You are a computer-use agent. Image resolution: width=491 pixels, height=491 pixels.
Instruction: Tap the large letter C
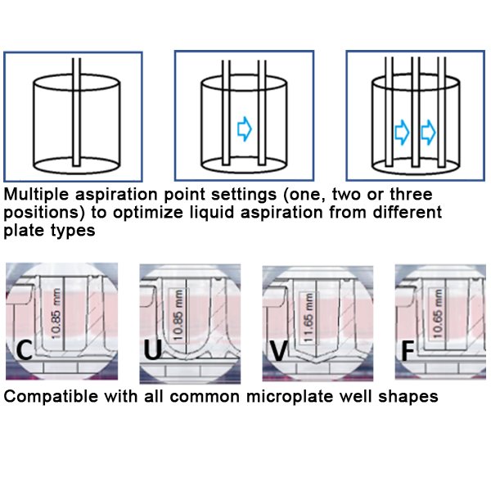click(25, 351)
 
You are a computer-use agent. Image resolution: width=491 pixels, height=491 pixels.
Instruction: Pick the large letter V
click(279, 351)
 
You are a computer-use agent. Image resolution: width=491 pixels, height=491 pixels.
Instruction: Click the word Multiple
click(33, 196)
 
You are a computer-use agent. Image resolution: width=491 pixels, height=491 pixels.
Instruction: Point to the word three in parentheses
click(409, 196)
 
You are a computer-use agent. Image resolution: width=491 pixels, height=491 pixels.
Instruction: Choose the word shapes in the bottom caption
click(411, 397)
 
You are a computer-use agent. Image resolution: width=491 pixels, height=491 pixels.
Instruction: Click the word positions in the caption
click(38, 213)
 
